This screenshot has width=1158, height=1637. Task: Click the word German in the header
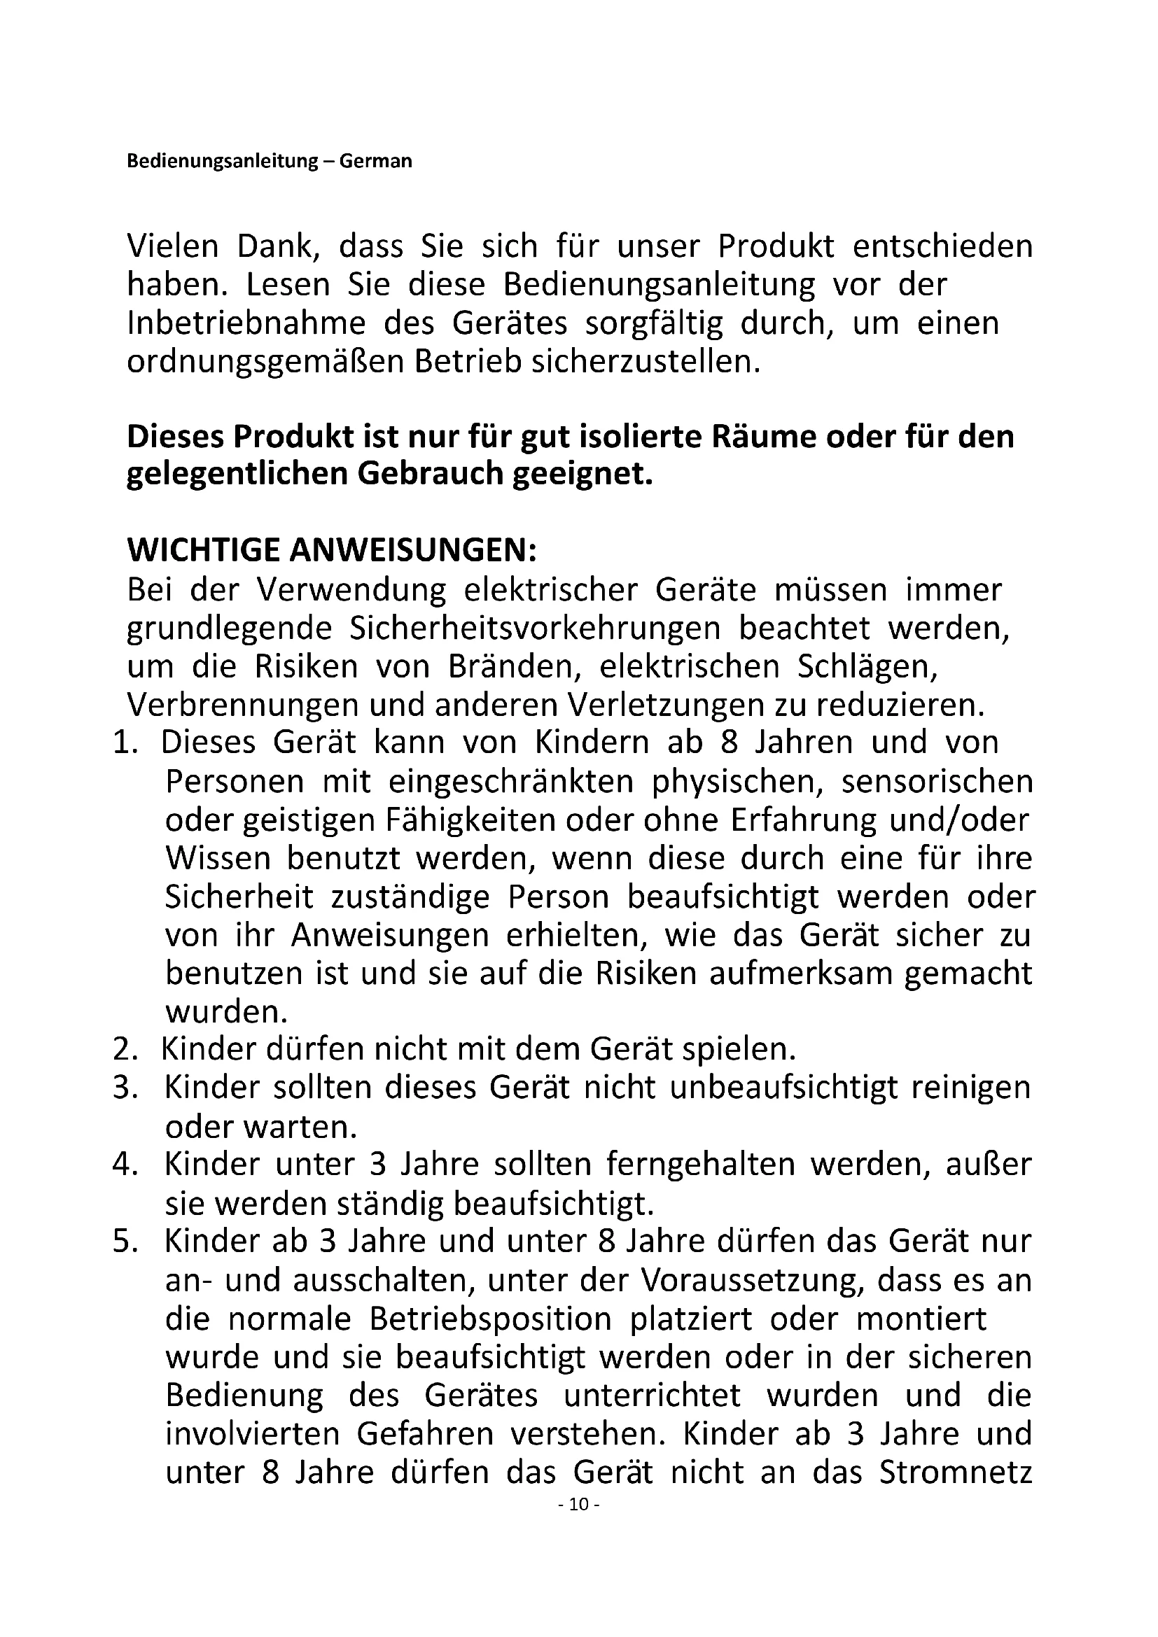(375, 161)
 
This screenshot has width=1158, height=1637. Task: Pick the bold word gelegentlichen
(237, 475)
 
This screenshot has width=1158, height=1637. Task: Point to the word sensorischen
(937, 782)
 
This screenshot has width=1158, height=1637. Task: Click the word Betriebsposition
(491, 1320)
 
